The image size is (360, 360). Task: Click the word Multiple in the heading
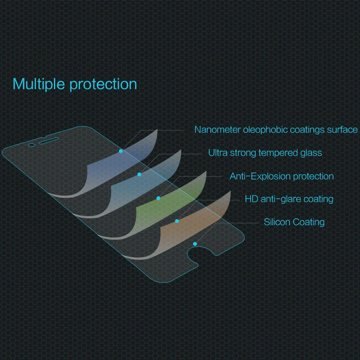coord(39,84)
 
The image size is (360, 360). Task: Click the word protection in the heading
coord(103,85)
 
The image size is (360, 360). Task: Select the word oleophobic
coord(265,130)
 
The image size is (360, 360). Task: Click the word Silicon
coord(277,222)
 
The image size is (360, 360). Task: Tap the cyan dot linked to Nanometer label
coord(121,151)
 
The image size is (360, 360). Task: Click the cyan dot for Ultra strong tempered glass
coord(139,175)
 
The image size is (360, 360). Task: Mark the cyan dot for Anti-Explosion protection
coord(158,198)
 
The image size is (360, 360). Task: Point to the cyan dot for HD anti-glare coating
coord(177,221)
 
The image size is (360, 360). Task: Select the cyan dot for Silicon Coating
coord(195,244)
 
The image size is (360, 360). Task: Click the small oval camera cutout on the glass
coord(31,145)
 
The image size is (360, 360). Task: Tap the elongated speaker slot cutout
coord(49,141)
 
